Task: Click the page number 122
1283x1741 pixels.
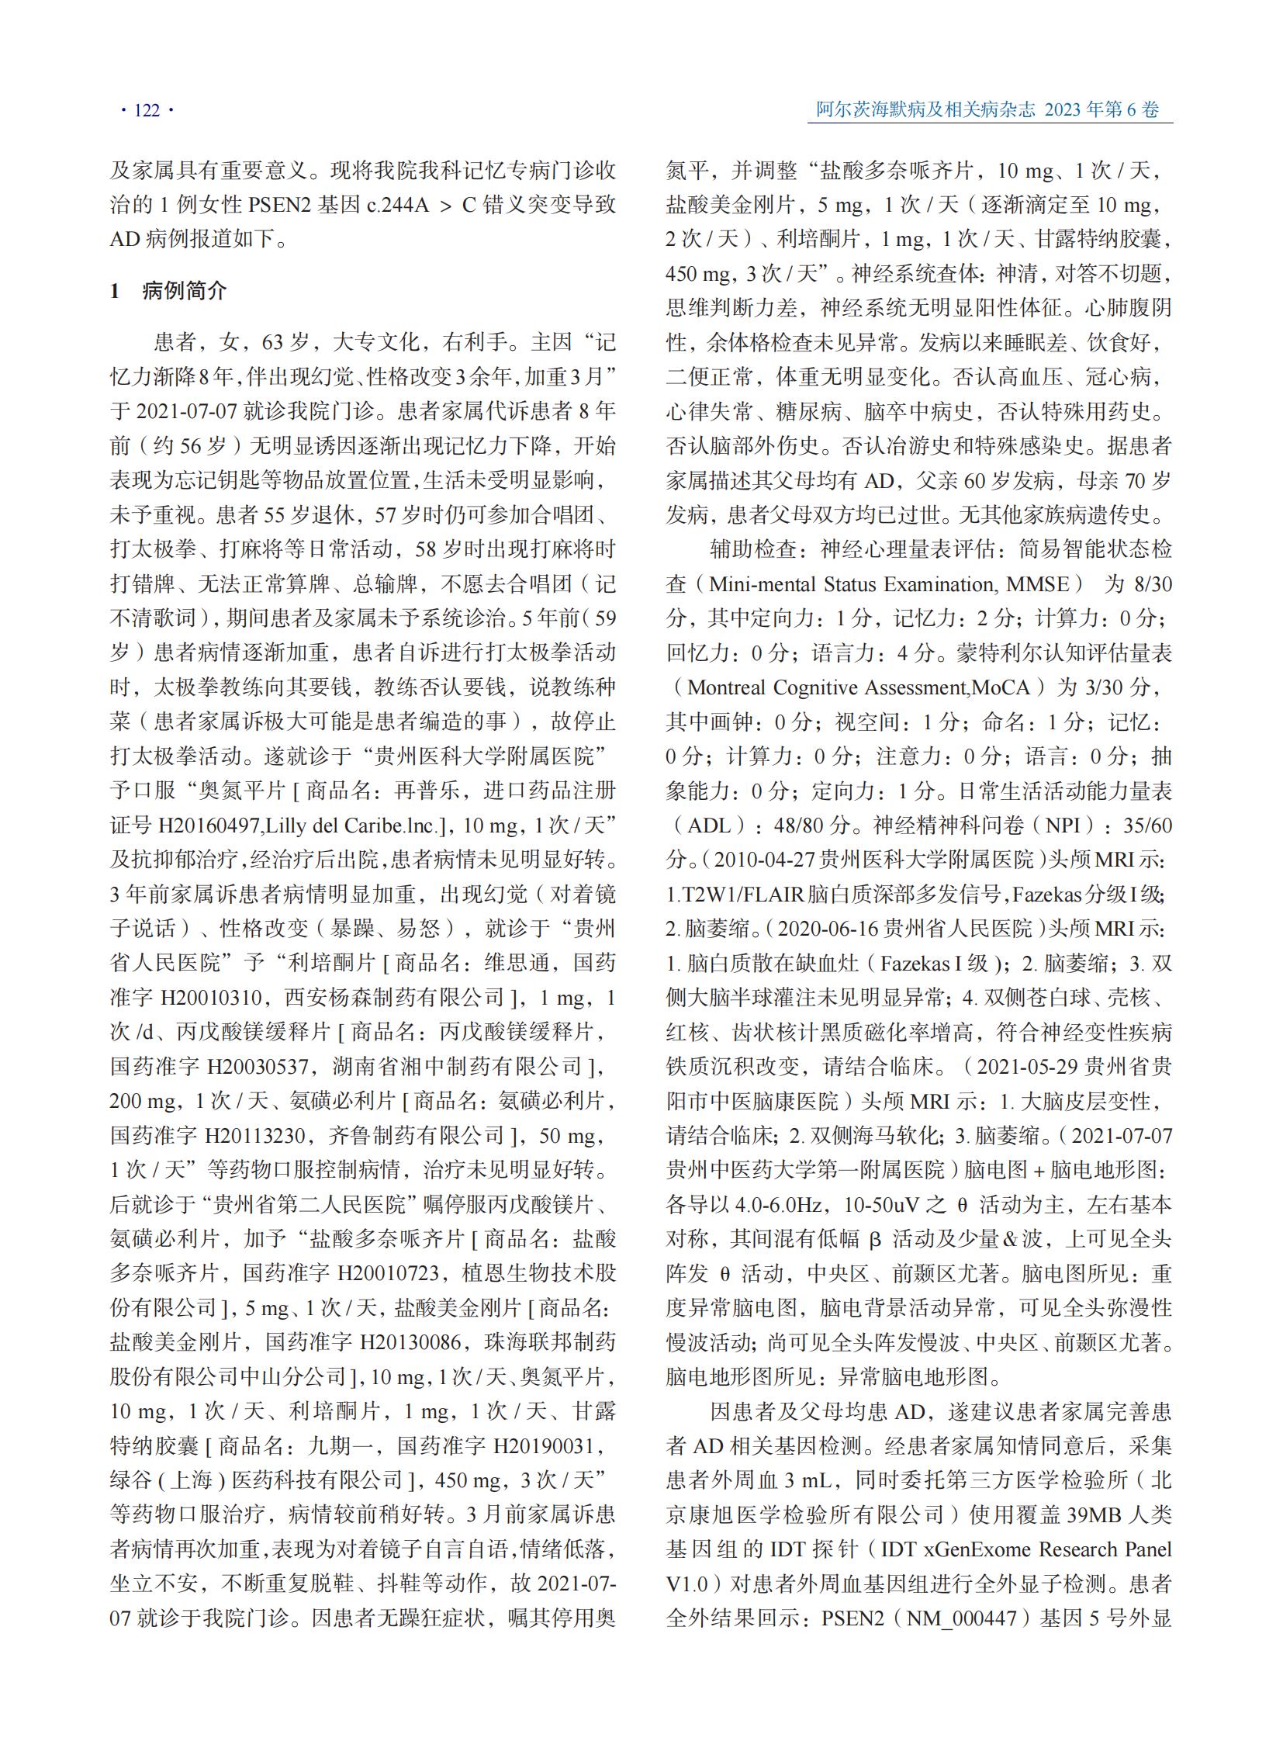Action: click(147, 110)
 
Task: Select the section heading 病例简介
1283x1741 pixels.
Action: click(184, 292)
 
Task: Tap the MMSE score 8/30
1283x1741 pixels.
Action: click(1153, 584)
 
